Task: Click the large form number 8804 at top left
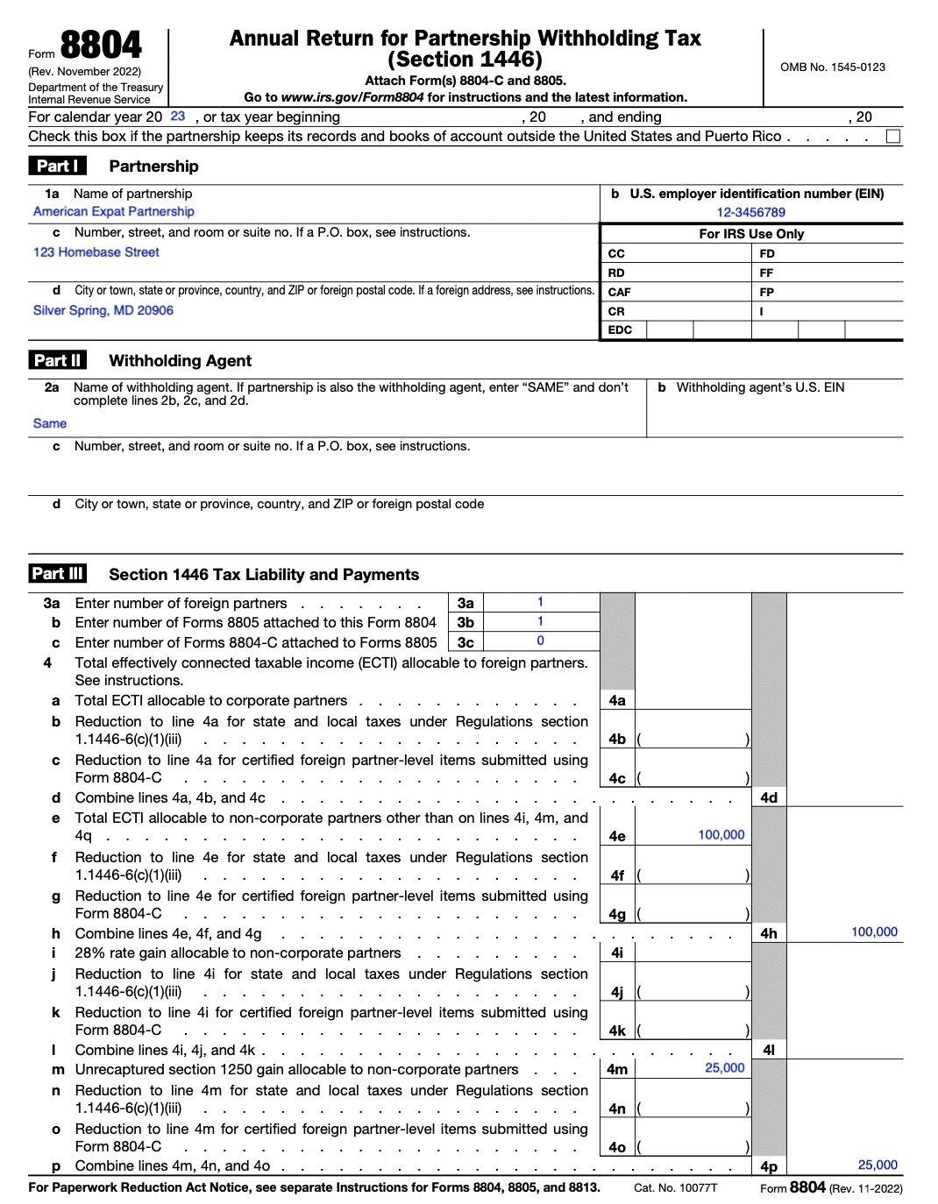(x=100, y=46)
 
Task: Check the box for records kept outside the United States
(x=892, y=137)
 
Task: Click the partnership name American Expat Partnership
(x=114, y=212)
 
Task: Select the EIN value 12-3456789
(x=750, y=213)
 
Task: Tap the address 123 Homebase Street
(x=96, y=252)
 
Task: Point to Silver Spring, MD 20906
(x=103, y=311)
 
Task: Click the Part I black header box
(x=57, y=166)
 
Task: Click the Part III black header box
(x=58, y=574)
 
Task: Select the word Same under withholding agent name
(x=50, y=424)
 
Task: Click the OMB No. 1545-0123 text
(x=832, y=67)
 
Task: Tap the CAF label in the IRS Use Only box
(x=619, y=293)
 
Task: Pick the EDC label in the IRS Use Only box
(x=620, y=330)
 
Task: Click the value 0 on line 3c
(x=540, y=641)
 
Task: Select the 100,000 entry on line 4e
(x=721, y=835)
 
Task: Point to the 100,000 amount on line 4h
(x=874, y=932)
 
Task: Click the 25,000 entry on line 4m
(x=724, y=1068)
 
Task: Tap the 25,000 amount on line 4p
(x=877, y=1165)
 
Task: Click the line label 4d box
(x=769, y=798)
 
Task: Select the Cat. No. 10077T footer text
(x=675, y=1188)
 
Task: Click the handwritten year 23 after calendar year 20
(x=178, y=117)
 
